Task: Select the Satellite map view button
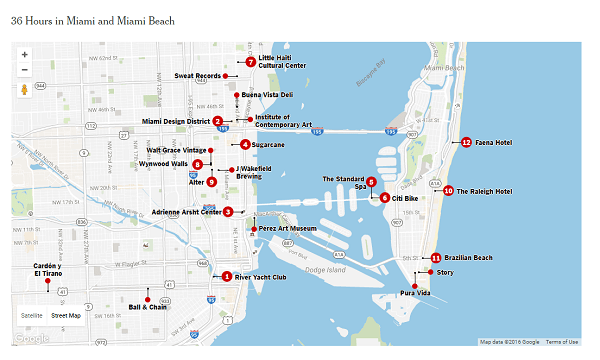(x=32, y=315)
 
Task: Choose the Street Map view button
(x=66, y=315)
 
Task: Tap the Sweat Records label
(x=197, y=76)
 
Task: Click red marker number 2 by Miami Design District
(x=217, y=121)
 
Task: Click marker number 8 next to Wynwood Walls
(x=198, y=164)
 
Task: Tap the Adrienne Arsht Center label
(x=185, y=212)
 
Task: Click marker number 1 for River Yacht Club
(x=227, y=277)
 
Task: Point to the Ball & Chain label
(x=148, y=307)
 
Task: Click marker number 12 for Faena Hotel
(x=466, y=143)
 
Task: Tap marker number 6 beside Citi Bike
(x=385, y=198)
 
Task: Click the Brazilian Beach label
(x=468, y=258)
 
